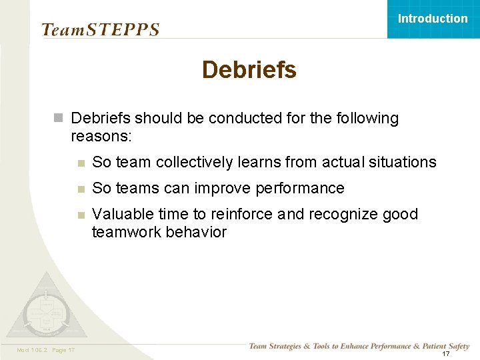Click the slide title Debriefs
pos(249,69)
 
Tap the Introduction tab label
pos(433,19)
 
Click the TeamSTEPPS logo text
pos(100,30)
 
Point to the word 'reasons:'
pos(101,136)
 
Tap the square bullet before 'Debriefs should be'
pos(59,119)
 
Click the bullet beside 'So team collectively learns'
pos(80,163)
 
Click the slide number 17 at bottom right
pos(445,353)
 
